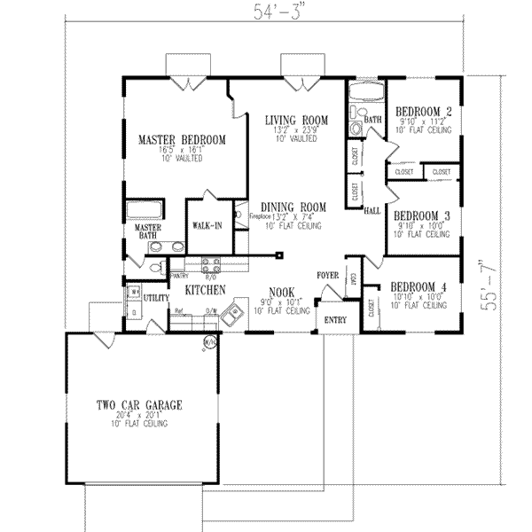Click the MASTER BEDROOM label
[x=181, y=139]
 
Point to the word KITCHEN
[x=203, y=290]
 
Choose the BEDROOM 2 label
[x=423, y=112]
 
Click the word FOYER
[x=328, y=276]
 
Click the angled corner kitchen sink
[x=233, y=313]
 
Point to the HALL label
[x=372, y=211]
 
